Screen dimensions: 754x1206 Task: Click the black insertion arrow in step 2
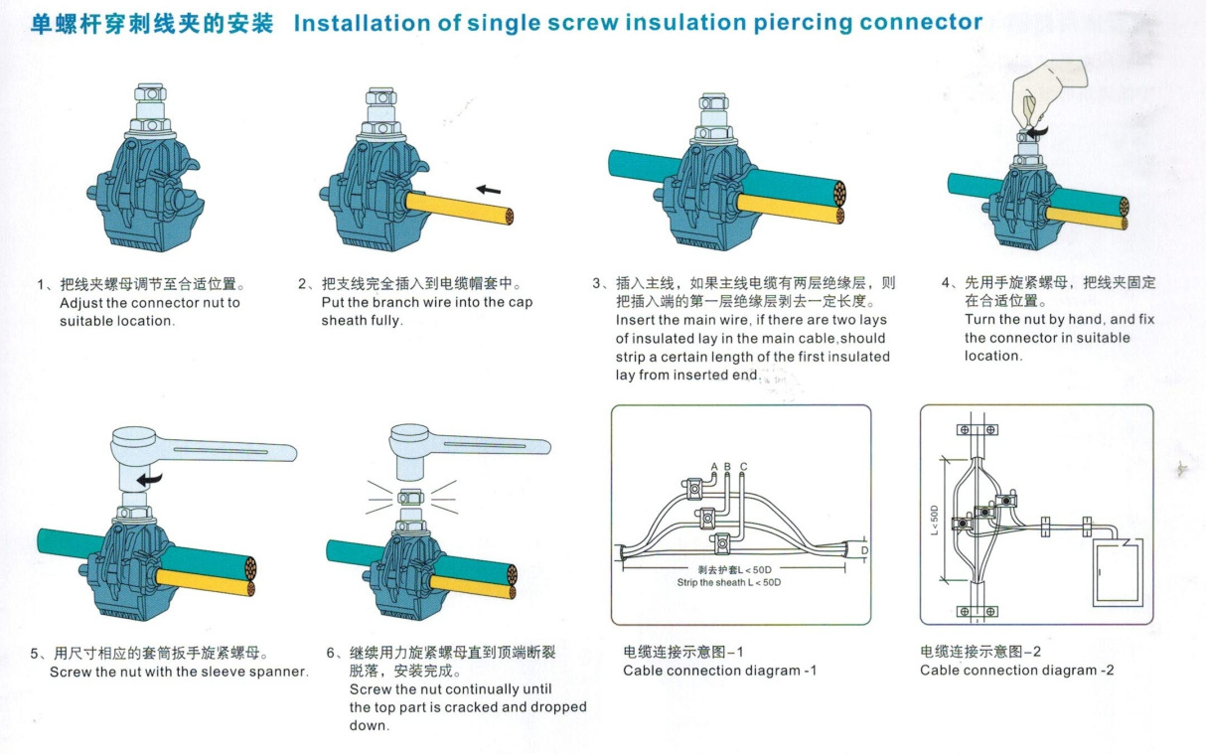point(488,190)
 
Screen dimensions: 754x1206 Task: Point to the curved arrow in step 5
point(150,480)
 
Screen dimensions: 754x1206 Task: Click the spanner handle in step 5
point(228,452)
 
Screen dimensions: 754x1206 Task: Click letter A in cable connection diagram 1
point(714,466)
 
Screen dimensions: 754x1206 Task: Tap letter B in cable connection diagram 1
point(728,466)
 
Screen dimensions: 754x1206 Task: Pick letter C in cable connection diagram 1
point(743,466)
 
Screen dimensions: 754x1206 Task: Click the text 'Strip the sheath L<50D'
point(728,582)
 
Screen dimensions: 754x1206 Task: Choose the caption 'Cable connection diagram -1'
point(719,671)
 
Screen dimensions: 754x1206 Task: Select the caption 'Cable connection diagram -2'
point(1016,671)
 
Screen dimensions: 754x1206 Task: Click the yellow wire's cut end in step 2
point(509,215)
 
